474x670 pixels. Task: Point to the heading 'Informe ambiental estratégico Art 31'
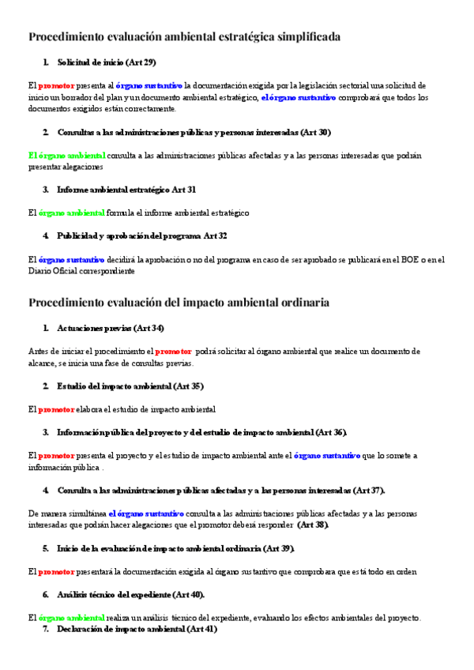pos(126,190)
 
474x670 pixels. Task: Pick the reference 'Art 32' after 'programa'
pos(215,235)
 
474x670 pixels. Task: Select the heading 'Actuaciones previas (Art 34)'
pos(111,328)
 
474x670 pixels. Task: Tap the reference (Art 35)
pos(188,386)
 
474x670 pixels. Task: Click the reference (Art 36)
pos(330,432)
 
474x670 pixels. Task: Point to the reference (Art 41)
pos(199,629)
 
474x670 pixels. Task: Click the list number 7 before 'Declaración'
pos(46,629)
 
